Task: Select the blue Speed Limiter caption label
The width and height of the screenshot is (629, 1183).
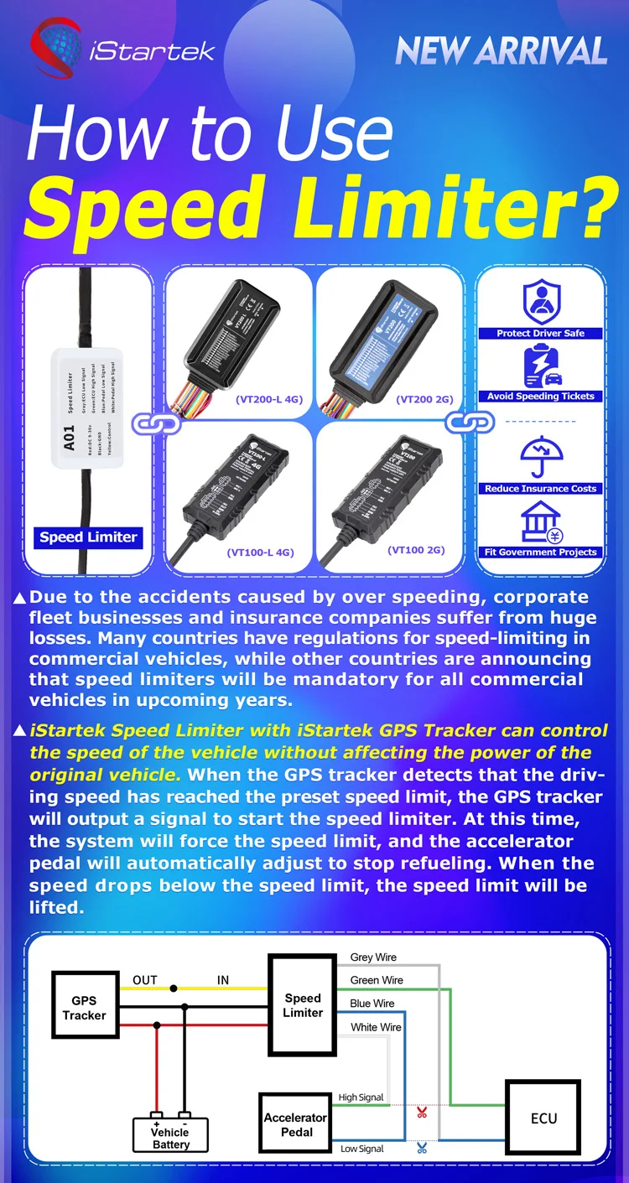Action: pos(88,537)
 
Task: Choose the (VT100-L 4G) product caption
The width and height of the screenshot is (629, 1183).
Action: pos(260,552)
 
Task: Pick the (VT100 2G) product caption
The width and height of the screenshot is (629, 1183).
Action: pos(416,550)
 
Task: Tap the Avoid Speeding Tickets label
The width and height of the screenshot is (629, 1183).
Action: pos(541,396)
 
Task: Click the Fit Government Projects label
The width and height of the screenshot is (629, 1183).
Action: pos(541,552)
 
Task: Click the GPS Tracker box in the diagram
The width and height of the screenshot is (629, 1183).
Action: pos(84,1008)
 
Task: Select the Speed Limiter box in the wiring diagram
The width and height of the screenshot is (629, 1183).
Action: pos(303,1005)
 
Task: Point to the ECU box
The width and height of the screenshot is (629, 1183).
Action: pos(543,1118)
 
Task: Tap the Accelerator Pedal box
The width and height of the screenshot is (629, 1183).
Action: pos(295,1124)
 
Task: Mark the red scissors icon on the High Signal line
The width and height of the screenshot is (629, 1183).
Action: pos(422,1113)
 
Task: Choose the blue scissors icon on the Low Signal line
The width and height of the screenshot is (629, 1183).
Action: pos(422,1149)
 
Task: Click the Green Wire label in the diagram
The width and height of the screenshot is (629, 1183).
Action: pos(377,980)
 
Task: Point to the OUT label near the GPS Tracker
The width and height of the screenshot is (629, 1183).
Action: pos(145,980)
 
